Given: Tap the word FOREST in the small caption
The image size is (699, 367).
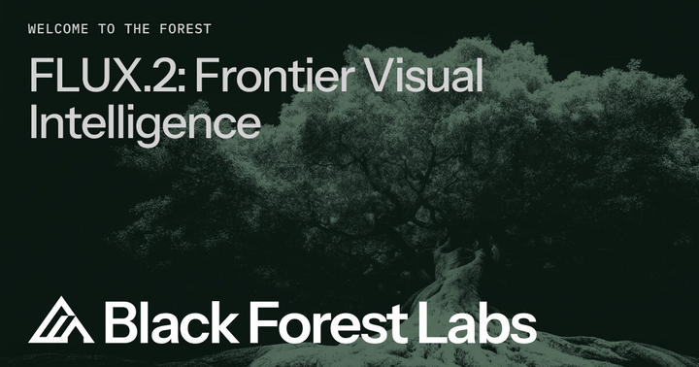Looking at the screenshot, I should point(183,28).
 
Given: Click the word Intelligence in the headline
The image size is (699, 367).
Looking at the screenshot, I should point(144,124).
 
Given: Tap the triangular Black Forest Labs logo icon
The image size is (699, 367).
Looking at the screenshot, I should point(60,321).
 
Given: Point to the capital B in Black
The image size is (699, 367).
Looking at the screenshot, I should point(120,321).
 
